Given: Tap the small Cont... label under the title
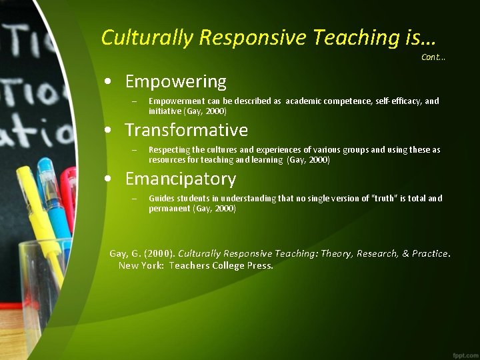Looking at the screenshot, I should pos(433,57).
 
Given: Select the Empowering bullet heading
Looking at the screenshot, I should pos(175,82).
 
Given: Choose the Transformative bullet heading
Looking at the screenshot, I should pos(186,130).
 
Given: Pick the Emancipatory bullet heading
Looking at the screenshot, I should pos(180,179).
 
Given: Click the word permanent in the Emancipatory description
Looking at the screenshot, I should pos(169,209).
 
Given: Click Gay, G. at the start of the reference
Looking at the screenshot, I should pos(123,253).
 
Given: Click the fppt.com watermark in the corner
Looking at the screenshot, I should pos(463,353).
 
